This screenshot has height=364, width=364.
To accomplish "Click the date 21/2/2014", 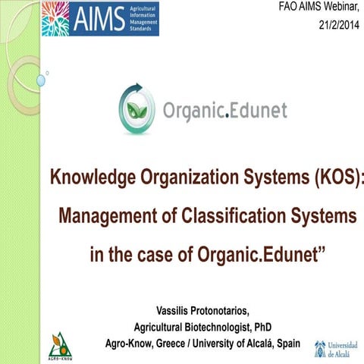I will pyautogui.click(x=337, y=26).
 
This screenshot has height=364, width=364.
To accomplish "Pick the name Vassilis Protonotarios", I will pyautogui.click(x=202, y=310).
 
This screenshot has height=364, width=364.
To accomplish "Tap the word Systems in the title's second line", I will pyautogui.click(x=321, y=216).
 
